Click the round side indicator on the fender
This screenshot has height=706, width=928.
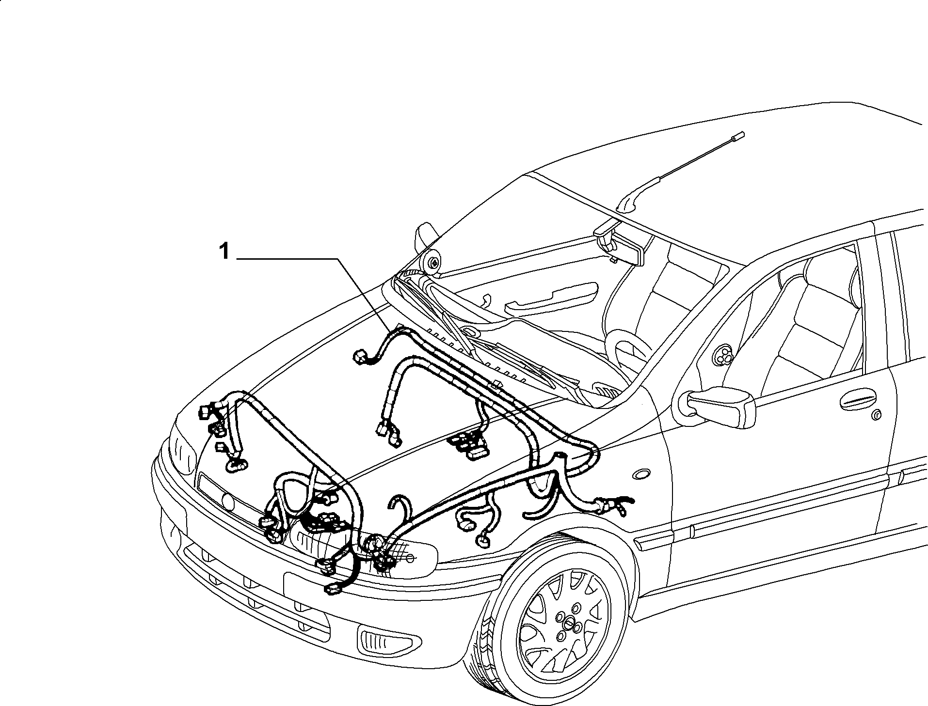coord(643,475)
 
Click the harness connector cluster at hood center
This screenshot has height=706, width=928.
coord(468,444)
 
